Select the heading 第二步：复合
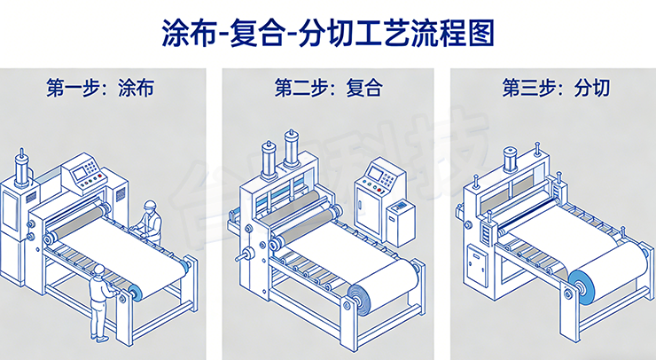coord(327,88)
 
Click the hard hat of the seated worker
coord(150,205)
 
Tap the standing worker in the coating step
coord(102,301)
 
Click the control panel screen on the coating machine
coord(87,170)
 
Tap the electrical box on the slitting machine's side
coord(476,265)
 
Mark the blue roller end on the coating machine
coord(135,293)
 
